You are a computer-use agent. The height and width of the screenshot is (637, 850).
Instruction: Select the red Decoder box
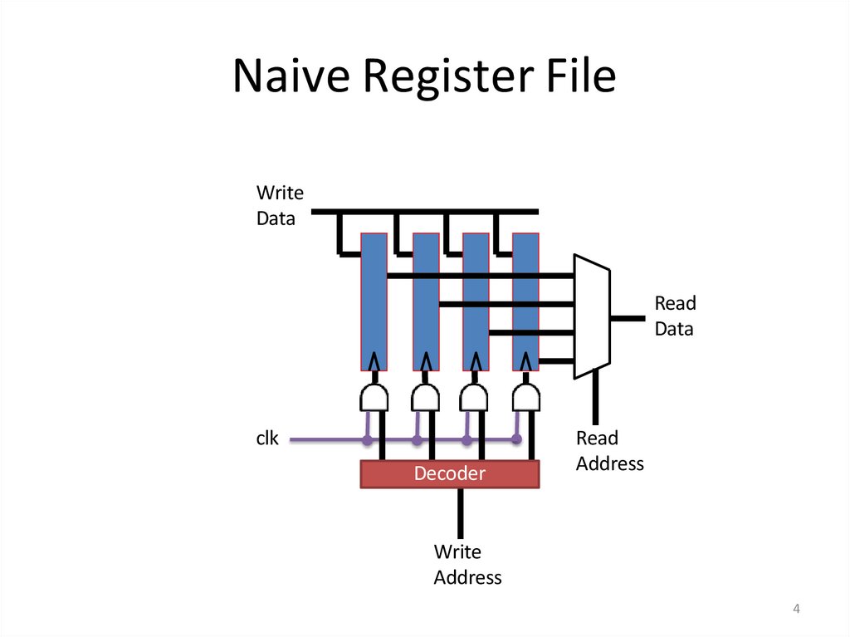point(449,473)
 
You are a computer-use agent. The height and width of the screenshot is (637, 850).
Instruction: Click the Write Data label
point(280,206)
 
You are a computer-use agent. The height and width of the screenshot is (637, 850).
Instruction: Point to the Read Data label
point(675,316)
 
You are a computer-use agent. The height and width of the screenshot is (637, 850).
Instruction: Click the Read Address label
point(609,451)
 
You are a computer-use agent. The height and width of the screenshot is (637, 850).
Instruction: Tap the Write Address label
point(467,565)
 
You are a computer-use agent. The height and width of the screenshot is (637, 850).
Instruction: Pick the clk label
point(267,439)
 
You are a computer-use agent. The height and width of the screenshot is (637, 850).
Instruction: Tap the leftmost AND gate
point(374,398)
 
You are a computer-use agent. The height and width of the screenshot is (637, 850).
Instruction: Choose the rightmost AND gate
point(525,398)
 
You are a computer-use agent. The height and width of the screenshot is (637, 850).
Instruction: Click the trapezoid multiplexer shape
point(592,316)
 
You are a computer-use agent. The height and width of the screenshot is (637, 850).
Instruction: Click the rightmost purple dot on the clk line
point(516,439)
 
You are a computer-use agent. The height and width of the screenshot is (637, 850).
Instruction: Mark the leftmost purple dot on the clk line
point(366,439)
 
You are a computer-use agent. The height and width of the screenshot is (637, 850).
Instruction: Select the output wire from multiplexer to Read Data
point(628,316)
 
